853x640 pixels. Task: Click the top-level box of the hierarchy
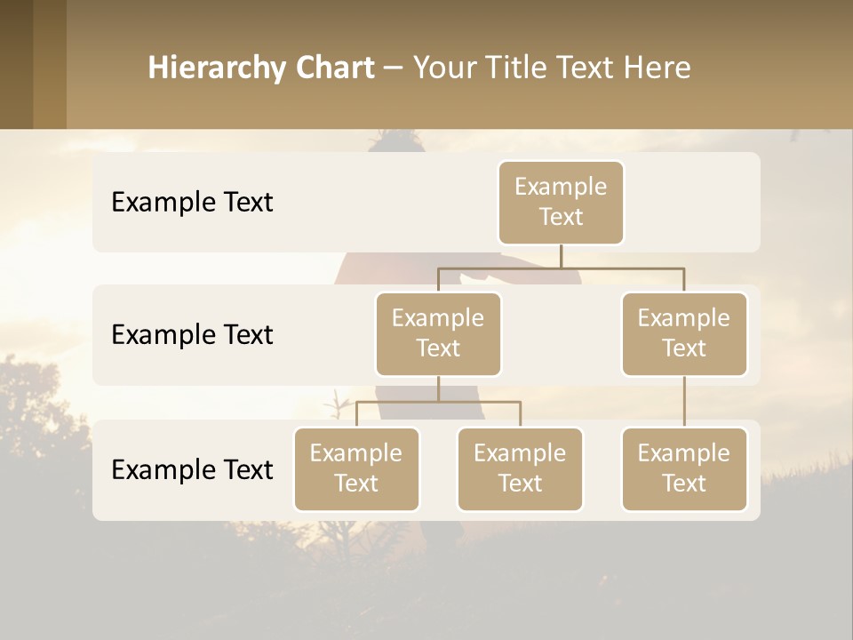point(561,202)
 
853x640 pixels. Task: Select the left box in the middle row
point(438,333)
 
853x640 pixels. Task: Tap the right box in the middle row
point(684,333)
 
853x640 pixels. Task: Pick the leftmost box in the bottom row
point(356,468)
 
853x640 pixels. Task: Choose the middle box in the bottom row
point(520,468)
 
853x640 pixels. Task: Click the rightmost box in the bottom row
point(684,468)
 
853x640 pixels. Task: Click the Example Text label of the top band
point(192,202)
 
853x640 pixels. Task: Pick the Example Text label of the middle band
point(192,334)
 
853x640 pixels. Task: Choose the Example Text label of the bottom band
point(192,469)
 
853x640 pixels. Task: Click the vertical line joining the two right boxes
point(684,402)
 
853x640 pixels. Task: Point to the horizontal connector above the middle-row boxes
point(561,268)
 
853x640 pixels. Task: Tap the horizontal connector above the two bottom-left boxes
point(438,402)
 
